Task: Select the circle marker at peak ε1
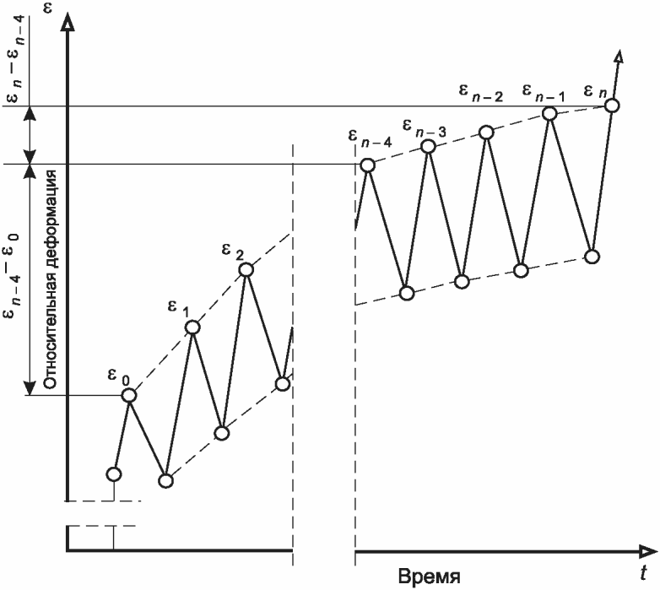pos(193,327)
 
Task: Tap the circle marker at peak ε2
pos(246,270)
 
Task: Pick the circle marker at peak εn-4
pos(367,165)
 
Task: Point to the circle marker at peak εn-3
pos(428,147)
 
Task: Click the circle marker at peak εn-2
pos(486,132)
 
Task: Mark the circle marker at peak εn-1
pos(549,114)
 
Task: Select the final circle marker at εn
pos(614,106)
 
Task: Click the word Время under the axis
pos(429,577)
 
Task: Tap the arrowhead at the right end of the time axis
pos(646,552)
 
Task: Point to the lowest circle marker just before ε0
pos(113,474)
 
